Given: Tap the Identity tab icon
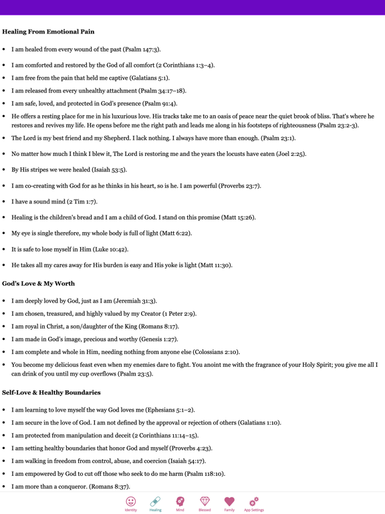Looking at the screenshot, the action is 131,501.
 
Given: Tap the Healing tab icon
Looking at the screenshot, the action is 155,501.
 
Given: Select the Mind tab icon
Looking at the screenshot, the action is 180,501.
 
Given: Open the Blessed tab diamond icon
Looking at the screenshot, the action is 205,501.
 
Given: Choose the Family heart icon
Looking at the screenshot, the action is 229,501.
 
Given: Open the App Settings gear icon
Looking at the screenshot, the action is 253,501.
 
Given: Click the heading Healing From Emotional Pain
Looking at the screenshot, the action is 48,31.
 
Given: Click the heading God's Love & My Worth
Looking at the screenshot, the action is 38,283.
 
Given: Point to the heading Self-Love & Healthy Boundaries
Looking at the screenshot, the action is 51,392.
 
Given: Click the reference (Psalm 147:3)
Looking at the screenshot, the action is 142,50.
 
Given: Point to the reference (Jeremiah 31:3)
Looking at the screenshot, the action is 135,301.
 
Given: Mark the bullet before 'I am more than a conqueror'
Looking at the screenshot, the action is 5,487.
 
